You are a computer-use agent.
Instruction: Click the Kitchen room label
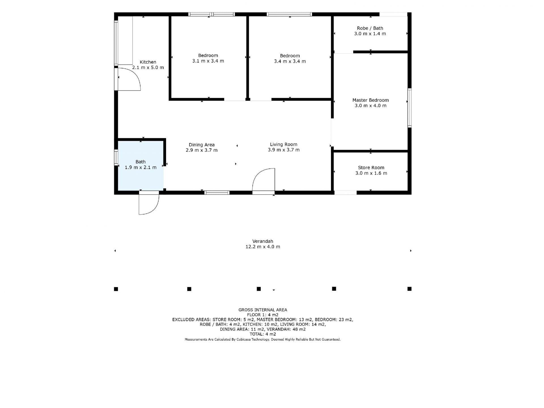[148, 62]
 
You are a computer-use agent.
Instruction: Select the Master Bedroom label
[371, 100]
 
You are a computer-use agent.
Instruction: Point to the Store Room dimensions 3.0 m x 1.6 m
[371, 173]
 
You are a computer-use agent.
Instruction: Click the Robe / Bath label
[370, 28]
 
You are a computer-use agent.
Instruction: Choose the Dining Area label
[202, 145]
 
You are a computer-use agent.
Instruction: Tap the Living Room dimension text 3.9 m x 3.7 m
[284, 150]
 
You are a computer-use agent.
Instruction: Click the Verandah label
[263, 241]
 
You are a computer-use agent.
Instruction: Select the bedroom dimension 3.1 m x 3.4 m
[208, 61]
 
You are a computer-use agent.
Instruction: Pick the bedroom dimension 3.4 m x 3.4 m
[290, 61]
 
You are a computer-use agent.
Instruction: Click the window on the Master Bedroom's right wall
[409, 108]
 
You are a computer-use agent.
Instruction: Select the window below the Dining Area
[217, 193]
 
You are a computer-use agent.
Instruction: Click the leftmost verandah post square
[116, 289]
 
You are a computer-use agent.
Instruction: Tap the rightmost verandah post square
[409, 289]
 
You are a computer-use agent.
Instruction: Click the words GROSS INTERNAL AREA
[263, 310]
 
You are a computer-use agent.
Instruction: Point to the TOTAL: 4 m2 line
[263, 334]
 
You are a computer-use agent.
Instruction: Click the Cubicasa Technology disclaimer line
[263, 339]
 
